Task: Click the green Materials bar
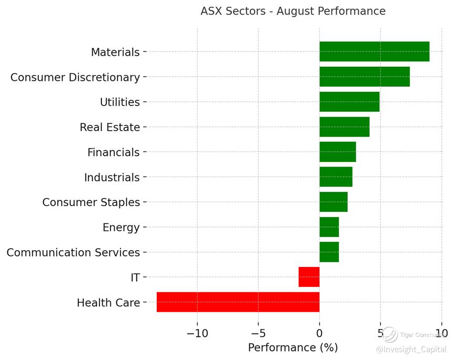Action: pos(374,52)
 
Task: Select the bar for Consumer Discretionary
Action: pos(364,77)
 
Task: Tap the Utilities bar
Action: pos(349,102)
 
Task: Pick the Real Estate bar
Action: pos(344,127)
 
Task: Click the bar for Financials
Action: pos(337,152)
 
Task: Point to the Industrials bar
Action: pos(336,177)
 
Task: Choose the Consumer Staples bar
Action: pos(333,202)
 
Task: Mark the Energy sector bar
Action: pos(329,227)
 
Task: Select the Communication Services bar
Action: pos(329,252)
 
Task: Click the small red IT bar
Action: pos(309,277)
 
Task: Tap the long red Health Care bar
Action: pos(238,302)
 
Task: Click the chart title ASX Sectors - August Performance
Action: pos(293,11)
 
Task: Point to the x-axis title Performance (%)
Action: pos(293,348)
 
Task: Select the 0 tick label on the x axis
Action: pos(319,333)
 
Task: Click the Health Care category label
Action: pos(108,303)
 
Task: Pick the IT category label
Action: pos(135,277)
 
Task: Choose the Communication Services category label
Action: pos(73,253)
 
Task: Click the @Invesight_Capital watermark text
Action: pos(411,349)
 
